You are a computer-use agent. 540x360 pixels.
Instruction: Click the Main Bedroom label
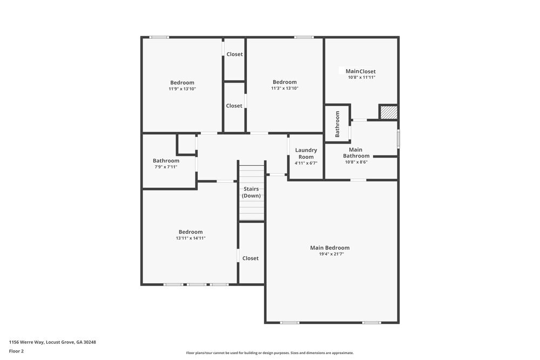[x=329, y=248]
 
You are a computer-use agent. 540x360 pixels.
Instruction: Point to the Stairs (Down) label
[x=251, y=192]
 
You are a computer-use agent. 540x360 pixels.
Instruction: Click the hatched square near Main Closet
[x=388, y=112]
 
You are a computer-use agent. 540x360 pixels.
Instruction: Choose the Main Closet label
[x=360, y=71]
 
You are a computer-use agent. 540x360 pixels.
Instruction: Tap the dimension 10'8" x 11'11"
[x=361, y=78]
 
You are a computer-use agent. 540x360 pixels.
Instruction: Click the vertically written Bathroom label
[x=337, y=124]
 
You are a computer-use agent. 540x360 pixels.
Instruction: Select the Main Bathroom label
[x=356, y=153]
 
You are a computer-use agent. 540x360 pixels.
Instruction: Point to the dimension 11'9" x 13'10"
[x=182, y=89]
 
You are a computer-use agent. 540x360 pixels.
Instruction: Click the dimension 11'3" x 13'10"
[x=285, y=89]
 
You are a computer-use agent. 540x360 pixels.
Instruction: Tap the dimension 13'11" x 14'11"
[x=191, y=238]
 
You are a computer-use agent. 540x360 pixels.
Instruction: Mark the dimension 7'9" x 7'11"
[x=166, y=167]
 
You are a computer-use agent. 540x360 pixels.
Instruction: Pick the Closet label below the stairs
[x=251, y=259]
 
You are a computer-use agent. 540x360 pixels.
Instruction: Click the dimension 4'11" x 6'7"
[x=306, y=163]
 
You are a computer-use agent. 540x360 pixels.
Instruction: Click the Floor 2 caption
[x=16, y=351]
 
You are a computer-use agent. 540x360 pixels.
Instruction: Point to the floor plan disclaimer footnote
[x=270, y=352]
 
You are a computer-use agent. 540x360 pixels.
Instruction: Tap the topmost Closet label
[x=234, y=54]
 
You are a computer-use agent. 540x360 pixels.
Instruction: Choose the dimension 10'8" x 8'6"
[x=356, y=162]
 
